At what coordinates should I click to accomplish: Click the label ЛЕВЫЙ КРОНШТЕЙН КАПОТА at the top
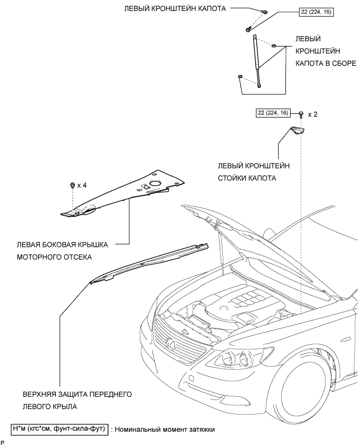coord(174,9)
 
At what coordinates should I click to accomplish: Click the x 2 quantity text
coord(313,114)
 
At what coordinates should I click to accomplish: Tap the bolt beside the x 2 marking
coord(302,114)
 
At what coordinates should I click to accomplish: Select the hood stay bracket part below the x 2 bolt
coord(297,130)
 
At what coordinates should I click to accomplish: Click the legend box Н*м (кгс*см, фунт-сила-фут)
coord(59,429)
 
